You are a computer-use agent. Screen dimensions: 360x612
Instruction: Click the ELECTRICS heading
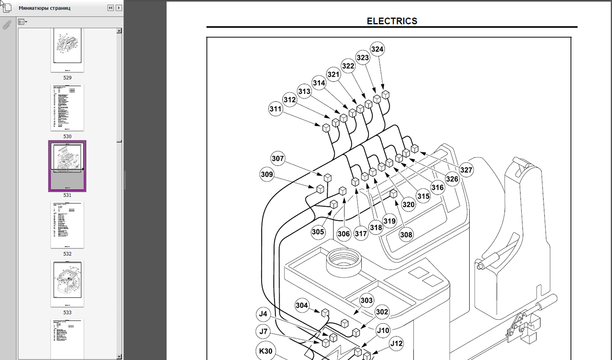pos(392,21)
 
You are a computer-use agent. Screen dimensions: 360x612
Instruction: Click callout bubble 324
pos(377,49)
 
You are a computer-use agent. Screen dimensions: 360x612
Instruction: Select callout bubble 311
pos(276,109)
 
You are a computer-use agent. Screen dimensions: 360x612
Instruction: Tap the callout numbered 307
pos(278,159)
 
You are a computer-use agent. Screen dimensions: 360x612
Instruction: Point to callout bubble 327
pos(466,170)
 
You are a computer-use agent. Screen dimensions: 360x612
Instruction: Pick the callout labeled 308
pos(406,235)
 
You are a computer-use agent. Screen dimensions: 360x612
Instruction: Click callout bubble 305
pos(318,232)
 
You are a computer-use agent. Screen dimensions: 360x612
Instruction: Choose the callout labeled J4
pos(263,314)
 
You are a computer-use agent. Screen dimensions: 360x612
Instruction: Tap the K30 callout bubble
pos(266,351)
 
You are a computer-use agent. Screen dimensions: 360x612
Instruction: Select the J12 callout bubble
pos(396,344)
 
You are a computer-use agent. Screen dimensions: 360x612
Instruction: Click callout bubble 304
pos(302,305)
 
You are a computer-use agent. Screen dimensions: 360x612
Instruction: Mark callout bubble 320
pos(408,205)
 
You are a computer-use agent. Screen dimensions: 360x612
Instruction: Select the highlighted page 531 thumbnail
pos(67,166)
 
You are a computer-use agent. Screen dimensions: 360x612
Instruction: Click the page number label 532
pos(67,254)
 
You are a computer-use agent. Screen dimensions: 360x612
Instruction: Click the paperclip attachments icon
pos(7,25)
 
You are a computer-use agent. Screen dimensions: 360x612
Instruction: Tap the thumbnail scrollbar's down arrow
pos(119,356)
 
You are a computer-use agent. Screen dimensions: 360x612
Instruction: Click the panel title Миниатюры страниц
pos(44,8)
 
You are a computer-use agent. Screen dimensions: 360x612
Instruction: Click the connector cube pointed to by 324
pos(385,95)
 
